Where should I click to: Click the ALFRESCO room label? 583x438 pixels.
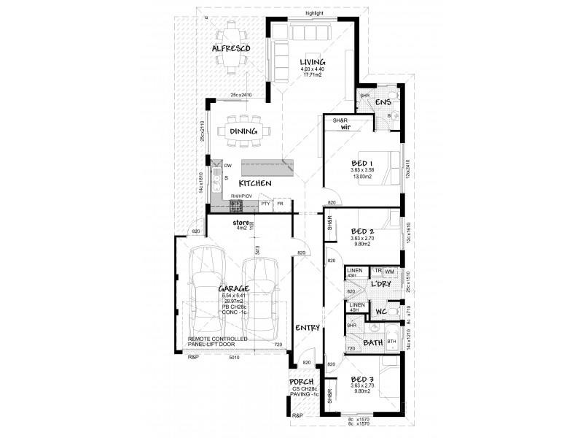(x=231, y=48)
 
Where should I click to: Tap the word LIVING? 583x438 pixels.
(x=311, y=61)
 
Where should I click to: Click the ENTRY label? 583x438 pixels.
(x=308, y=328)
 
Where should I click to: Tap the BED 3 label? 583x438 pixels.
(x=362, y=380)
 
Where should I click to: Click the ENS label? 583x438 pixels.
(x=383, y=103)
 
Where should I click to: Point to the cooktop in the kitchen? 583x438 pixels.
(x=235, y=205)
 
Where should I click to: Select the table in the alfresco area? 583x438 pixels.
(x=232, y=48)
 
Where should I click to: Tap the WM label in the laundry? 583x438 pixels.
(x=390, y=272)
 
